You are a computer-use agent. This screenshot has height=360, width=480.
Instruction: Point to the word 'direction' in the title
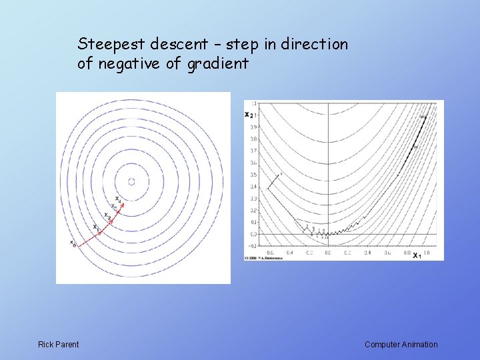tap(315, 45)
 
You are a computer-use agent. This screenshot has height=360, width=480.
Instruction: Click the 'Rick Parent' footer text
tap(58, 345)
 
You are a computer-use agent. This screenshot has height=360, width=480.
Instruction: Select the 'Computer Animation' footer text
tap(401, 345)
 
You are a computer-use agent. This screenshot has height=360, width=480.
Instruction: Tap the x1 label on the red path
tap(96, 227)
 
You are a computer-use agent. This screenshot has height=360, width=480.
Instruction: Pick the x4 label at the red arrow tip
tap(118, 199)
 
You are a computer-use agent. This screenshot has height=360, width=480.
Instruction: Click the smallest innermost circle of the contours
tap(131, 181)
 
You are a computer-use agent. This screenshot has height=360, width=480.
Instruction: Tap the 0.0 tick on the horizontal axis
tap(327, 253)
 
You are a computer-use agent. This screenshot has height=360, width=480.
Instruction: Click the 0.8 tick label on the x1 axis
tap(407, 253)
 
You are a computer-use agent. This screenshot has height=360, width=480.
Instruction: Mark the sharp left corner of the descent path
tap(268, 189)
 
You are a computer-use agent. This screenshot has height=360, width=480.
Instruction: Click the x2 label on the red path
tap(107, 217)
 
